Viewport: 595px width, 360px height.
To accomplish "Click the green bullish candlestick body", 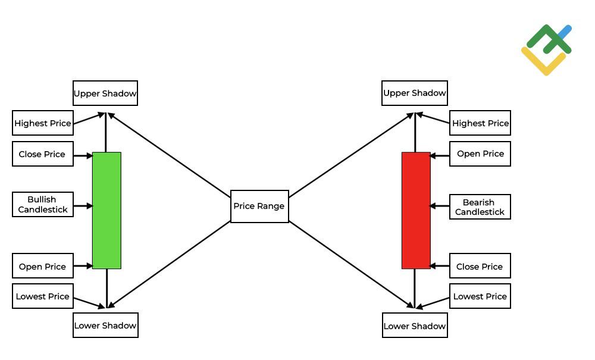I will [107, 210].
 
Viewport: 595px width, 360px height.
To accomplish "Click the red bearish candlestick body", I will [416, 210].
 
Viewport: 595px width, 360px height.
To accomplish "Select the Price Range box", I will [259, 206].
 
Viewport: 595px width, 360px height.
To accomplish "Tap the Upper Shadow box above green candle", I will [105, 93].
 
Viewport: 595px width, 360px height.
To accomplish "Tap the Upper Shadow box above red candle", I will [415, 93].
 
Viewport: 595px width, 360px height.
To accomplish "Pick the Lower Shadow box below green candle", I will [105, 325].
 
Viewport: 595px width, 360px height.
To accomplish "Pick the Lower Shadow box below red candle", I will [415, 325].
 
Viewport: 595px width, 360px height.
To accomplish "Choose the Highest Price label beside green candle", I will [43, 123].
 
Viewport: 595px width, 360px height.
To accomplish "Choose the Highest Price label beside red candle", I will [480, 123].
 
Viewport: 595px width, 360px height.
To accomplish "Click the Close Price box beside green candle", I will [43, 154].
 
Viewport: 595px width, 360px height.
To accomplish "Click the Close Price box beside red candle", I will [480, 266].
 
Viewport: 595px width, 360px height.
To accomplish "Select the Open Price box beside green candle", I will [43, 266].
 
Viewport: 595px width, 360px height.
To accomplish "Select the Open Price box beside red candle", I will [480, 154].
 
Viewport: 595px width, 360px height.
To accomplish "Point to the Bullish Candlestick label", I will [43, 205].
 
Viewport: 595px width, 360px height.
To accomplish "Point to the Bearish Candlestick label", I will [480, 207].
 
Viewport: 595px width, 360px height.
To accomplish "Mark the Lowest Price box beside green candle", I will [43, 296].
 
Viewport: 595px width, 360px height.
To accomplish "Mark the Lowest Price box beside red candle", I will [480, 296].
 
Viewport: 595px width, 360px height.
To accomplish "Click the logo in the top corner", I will [547, 50].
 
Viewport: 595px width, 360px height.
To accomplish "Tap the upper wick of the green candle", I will [106, 134].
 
